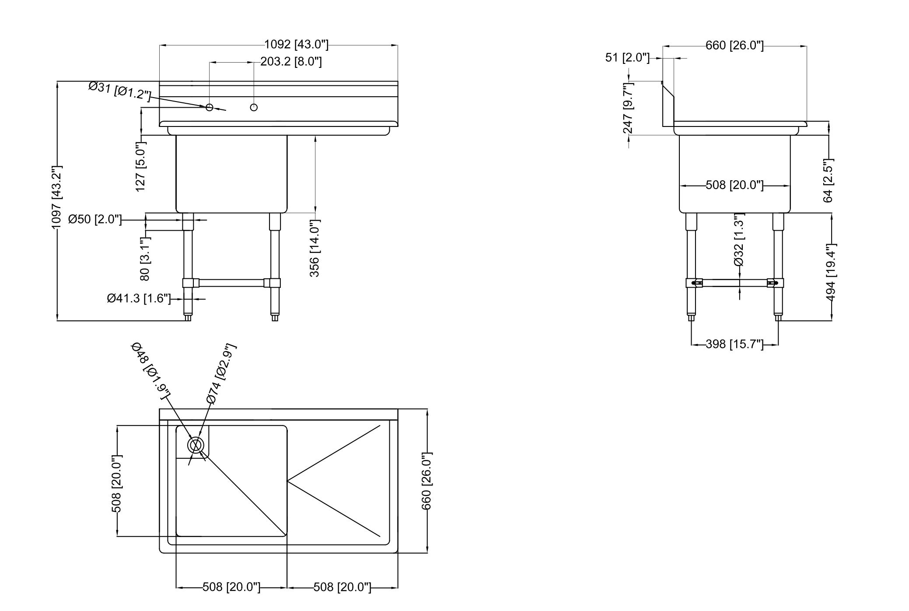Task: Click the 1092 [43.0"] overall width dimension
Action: pos(296,45)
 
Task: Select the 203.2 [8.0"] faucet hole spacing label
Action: pos(291,62)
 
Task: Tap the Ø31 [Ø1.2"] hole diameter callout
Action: pos(119,91)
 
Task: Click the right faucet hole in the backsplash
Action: pos(254,107)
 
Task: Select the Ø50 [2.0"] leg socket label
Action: pos(95,219)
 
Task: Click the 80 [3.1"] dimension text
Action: pos(145,259)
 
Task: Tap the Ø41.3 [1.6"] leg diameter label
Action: pos(139,298)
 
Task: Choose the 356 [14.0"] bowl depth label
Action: pos(315,248)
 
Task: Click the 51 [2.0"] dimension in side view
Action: pos(627,58)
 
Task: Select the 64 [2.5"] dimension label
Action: pos(828,180)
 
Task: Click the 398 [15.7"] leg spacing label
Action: pos(734,344)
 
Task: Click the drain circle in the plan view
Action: pos(196,445)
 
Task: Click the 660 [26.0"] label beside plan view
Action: pos(427,481)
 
